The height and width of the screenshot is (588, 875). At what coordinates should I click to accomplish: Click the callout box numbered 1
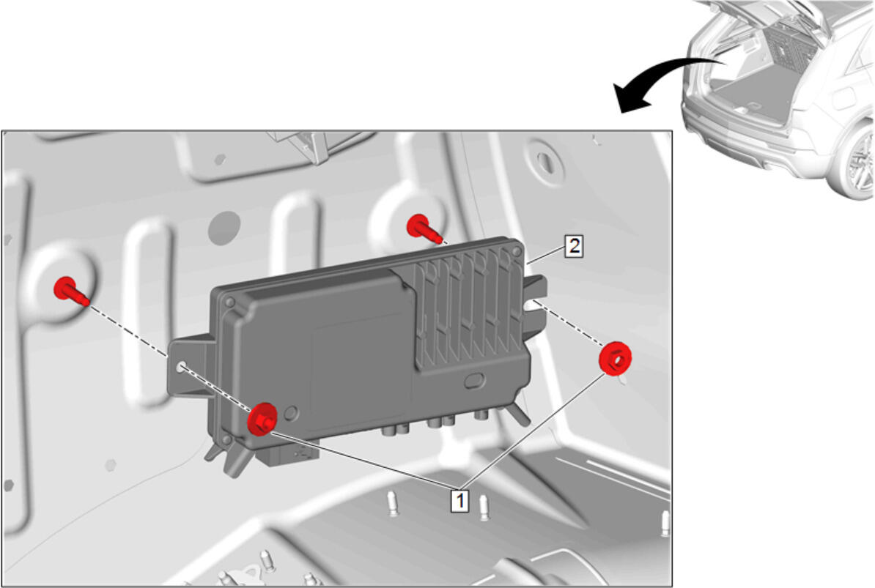pos(459,500)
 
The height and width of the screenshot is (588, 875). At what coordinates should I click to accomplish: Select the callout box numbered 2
pos(575,246)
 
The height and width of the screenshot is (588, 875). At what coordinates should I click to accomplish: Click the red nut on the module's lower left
pos(262,419)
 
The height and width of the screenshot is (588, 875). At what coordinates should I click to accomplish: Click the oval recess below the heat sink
pos(474,382)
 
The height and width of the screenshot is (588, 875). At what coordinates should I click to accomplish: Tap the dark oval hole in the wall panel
pos(224,228)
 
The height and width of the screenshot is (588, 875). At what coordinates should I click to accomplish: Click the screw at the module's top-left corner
pos(228,302)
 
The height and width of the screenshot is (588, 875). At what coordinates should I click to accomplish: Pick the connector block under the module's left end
pos(287,453)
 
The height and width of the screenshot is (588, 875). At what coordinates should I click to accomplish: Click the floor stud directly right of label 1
pos(484,507)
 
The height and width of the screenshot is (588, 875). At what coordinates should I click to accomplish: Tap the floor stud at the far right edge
pos(665,524)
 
